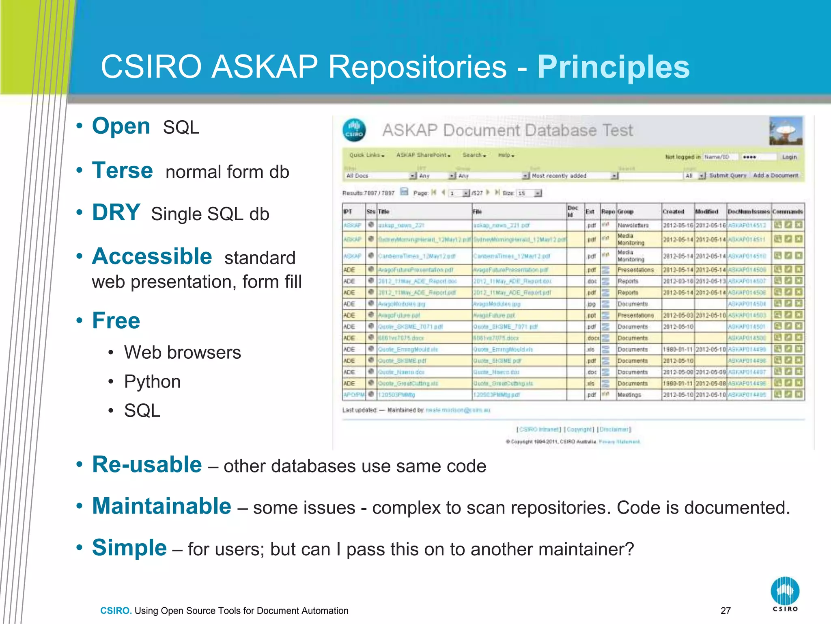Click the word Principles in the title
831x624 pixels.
click(613, 67)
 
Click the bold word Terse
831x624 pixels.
click(122, 170)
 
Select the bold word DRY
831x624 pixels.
click(116, 212)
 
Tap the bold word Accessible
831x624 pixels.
click(152, 256)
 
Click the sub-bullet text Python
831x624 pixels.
click(152, 381)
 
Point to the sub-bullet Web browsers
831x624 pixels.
click(182, 352)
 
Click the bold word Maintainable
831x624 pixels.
click(161, 506)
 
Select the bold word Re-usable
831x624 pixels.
click(146, 464)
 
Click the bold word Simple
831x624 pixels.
click(129, 548)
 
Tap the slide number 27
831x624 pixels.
click(726, 611)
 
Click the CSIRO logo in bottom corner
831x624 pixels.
click(785, 594)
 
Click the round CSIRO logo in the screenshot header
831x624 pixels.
click(354, 130)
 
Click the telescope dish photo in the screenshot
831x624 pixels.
click(786, 131)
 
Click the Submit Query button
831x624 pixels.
click(728, 175)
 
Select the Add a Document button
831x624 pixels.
click(775, 175)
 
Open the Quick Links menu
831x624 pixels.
click(366, 155)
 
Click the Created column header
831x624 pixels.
click(673, 212)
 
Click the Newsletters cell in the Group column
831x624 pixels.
click(633, 225)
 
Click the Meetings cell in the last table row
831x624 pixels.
click(629, 395)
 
